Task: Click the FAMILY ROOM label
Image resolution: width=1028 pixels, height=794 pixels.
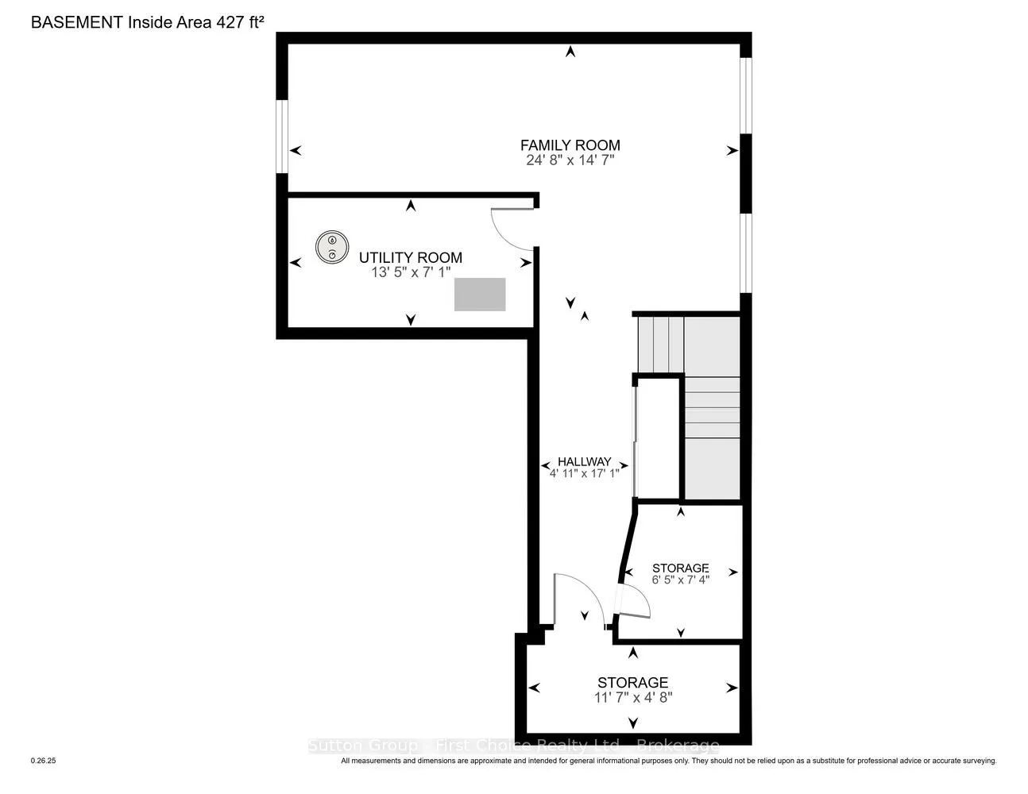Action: (x=570, y=145)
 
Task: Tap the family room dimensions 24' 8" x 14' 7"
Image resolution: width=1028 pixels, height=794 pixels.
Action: (x=570, y=160)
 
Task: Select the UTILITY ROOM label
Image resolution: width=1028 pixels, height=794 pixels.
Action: (x=410, y=257)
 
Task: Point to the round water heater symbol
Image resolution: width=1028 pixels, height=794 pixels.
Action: (x=333, y=247)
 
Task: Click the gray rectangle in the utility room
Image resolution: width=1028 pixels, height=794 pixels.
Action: (x=480, y=295)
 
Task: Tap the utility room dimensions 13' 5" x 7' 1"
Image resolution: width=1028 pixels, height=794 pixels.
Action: (x=410, y=272)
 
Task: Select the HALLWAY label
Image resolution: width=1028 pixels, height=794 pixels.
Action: (x=584, y=461)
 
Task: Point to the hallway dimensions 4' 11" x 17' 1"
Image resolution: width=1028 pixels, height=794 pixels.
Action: (x=584, y=474)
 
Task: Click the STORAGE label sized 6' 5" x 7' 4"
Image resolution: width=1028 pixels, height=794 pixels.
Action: (x=680, y=568)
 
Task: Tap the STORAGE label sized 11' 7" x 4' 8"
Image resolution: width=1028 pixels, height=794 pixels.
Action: (x=632, y=682)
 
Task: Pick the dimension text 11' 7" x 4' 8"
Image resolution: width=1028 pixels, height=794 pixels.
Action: (x=632, y=697)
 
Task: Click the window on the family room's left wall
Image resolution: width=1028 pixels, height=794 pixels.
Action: (x=282, y=135)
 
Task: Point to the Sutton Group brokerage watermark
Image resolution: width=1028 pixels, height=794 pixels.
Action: (x=513, y=746)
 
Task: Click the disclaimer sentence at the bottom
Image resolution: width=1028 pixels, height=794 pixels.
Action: (x=668, y=761)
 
